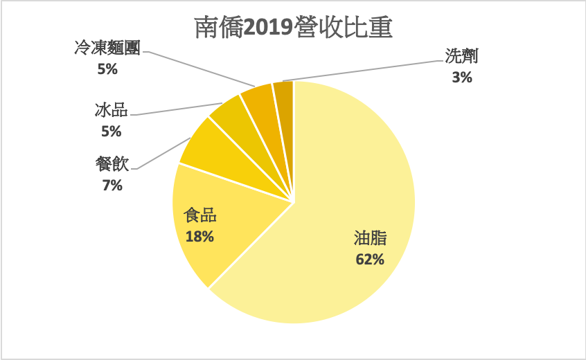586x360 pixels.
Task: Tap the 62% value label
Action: [x=369, y=260]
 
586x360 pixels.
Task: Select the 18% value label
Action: [x=199, y=237]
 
